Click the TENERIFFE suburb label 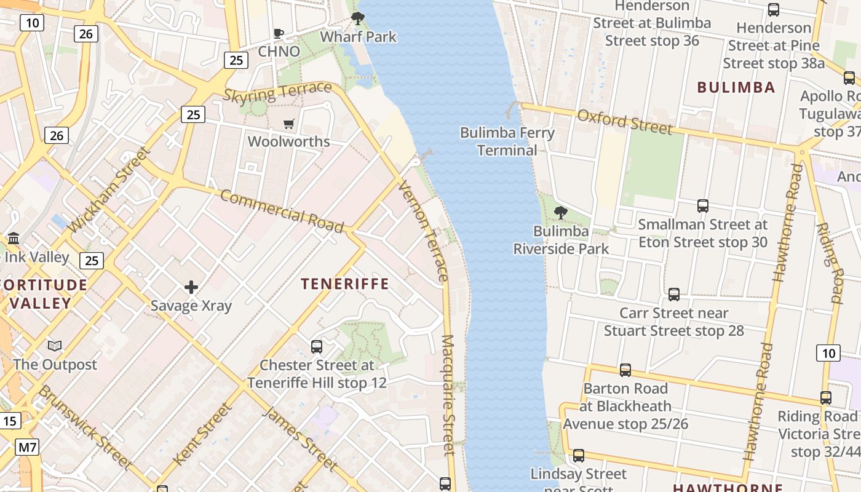coord(344,284)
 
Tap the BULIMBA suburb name coord(736,87)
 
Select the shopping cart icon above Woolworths coord(289,124)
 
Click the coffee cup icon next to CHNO coord(278,33)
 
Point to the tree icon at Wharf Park coord(357,18)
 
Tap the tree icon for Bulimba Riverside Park coord(560,213)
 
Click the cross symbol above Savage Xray coord(191,287)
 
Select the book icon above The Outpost coord(55,346)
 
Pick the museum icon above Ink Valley coord(14,238)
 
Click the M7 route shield coord(27,447)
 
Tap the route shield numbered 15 coord(9,421)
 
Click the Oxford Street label coord(624,122)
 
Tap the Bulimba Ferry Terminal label coord(507,141)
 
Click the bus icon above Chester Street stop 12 coord(317,346)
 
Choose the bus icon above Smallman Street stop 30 coord(702,206)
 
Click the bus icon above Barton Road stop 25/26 coord(625,370)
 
